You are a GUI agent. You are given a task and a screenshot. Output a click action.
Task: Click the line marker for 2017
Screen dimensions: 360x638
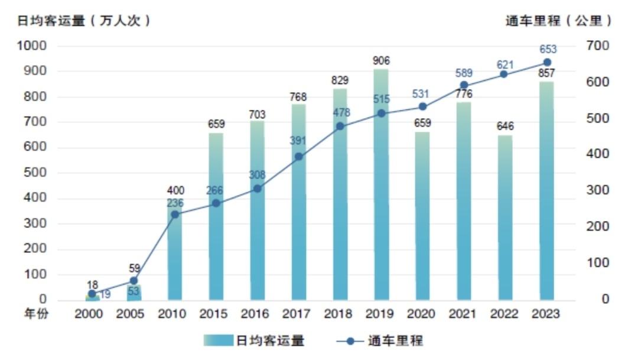pos(299,157)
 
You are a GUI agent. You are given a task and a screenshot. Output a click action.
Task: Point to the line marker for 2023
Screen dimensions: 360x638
pos(547,63)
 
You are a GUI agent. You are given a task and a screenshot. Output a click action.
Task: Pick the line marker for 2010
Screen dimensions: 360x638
pos(175,214)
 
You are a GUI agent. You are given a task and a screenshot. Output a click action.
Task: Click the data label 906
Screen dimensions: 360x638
pos(381,60)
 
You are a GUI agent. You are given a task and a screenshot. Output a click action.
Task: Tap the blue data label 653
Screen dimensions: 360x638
pos(548,49)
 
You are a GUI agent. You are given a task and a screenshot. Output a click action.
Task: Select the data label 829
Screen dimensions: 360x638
pos(340,80)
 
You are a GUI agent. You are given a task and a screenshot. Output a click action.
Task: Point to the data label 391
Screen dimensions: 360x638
pos(298,141)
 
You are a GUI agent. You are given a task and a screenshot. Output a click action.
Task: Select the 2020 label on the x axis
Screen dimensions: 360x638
pos(422,314)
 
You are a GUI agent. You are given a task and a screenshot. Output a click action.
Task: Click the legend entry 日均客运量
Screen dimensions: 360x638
pos(255,340)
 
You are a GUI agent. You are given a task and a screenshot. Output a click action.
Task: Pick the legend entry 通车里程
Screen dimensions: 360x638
pos(380,340)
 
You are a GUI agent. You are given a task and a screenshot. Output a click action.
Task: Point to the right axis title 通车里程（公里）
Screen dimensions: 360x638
pos(559,21)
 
